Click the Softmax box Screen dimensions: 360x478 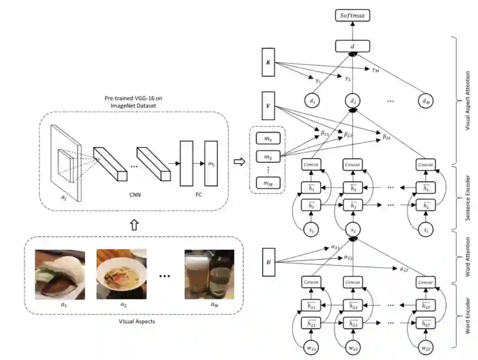point(353,16)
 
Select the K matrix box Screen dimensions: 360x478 point(268,63)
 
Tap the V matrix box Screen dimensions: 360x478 point(268,106)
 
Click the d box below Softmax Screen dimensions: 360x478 point(353,46)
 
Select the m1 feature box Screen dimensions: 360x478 point(268,139)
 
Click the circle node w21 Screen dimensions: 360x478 point(312,348)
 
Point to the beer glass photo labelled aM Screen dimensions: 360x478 point(209,275)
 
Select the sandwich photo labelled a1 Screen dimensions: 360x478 point(60,275)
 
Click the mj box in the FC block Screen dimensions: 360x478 point(211,164)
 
